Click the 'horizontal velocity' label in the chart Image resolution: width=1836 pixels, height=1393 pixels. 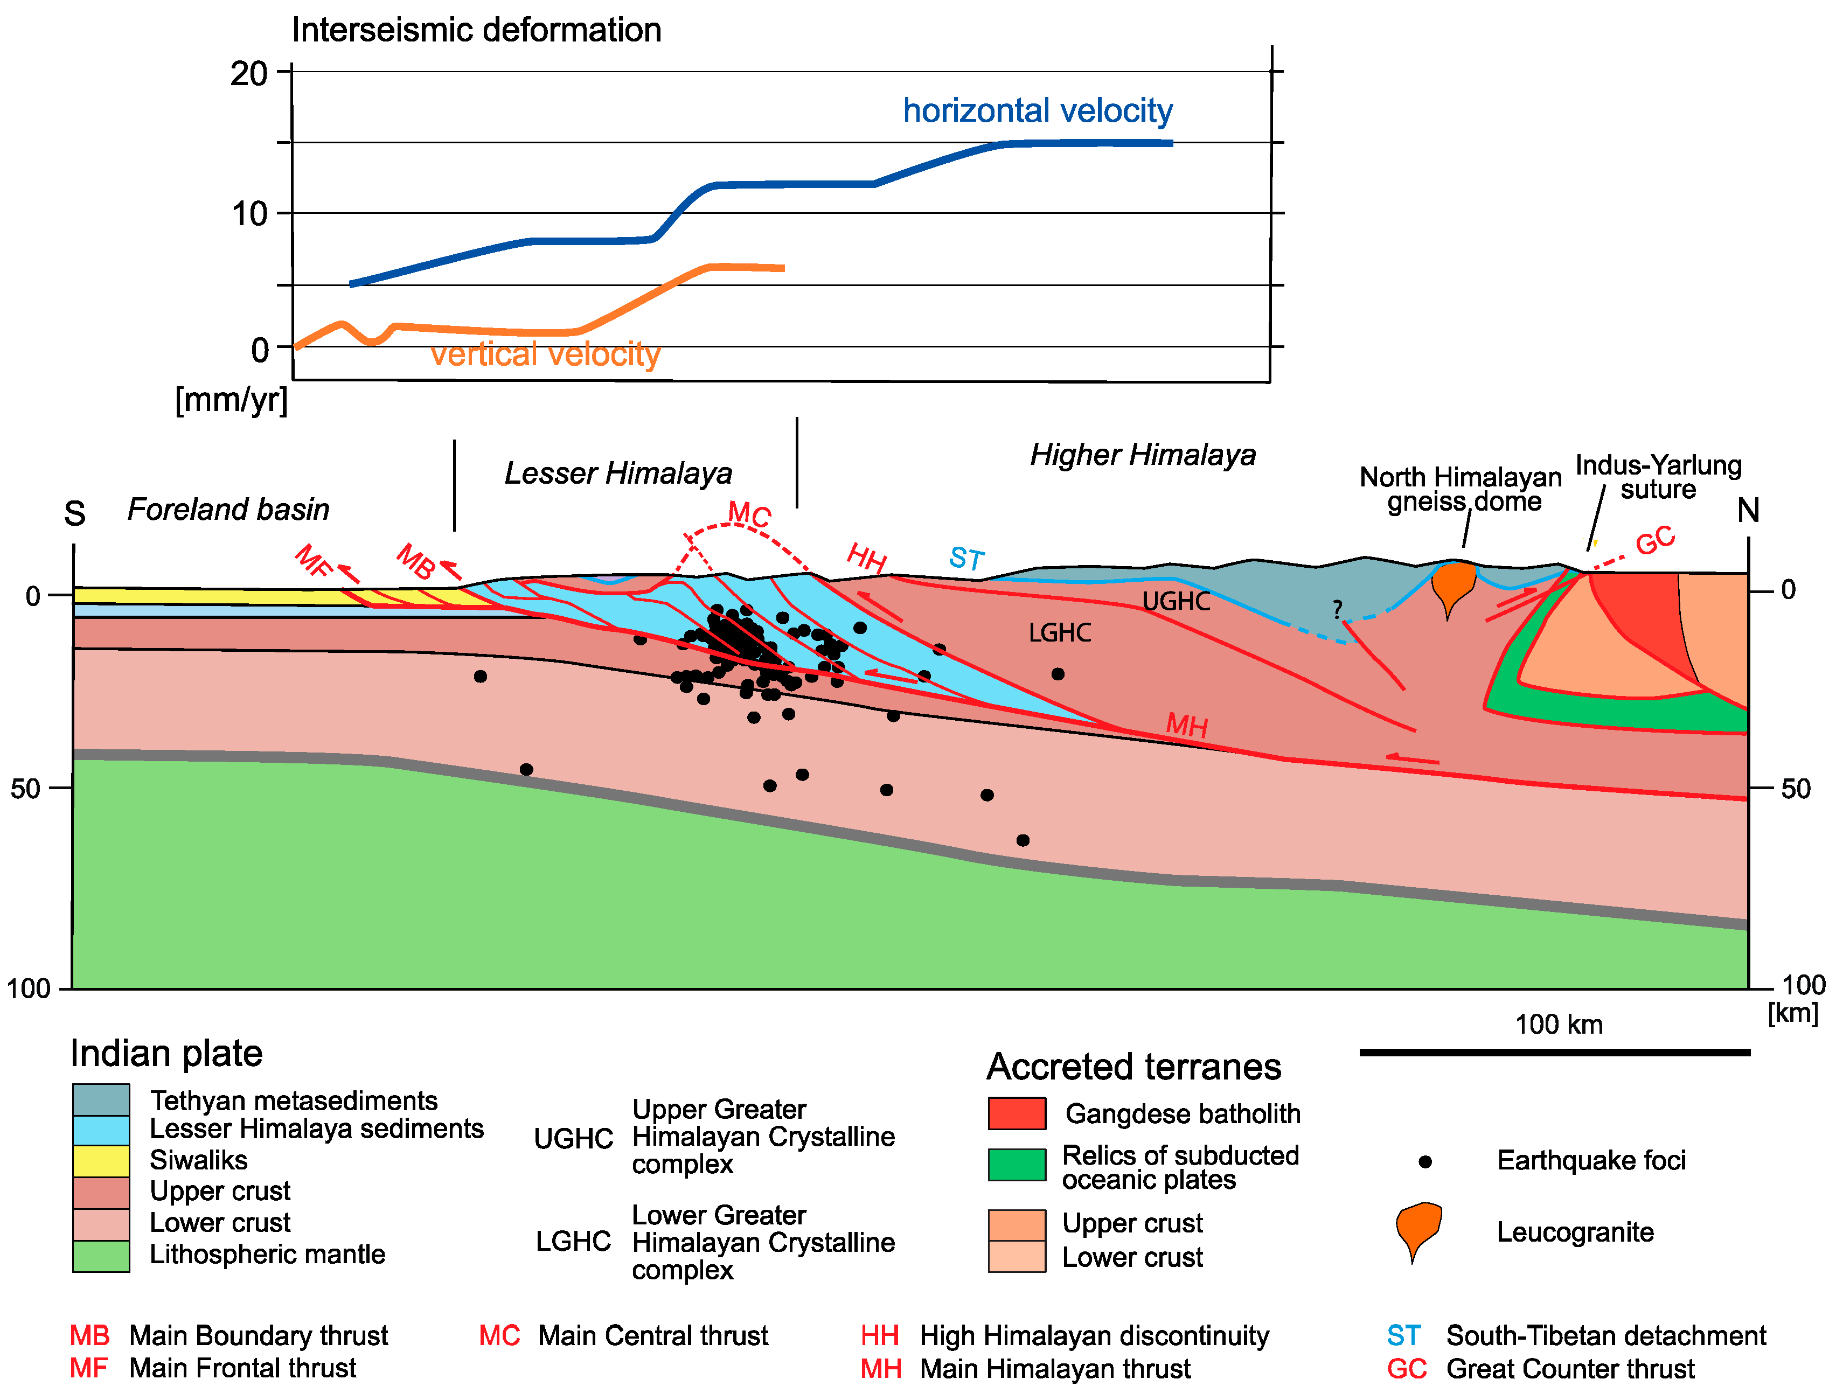point(1038,110)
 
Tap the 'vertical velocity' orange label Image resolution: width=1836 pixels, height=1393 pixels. point(545,354)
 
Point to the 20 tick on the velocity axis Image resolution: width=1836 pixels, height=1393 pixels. point(249,74)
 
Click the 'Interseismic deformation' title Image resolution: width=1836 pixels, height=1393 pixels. point(476,30)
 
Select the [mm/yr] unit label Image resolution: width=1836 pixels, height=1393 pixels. point(232,400)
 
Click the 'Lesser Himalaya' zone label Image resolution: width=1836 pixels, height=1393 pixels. point(618,473)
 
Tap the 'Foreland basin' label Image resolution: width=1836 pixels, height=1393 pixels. point(228,509)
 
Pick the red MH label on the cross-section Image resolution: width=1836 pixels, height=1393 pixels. point(1187,726)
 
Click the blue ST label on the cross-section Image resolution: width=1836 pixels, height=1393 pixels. point(967,558)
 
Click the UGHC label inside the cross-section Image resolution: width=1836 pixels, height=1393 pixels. point(1176,601)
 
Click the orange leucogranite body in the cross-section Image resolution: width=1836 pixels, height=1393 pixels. point(1453,583)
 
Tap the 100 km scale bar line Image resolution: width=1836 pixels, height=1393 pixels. point(1555,1053)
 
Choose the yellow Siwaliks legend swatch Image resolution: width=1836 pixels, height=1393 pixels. point(101,1160)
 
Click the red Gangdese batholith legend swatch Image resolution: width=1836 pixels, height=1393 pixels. point(1017,1113)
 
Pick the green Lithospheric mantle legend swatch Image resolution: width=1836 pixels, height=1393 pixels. point(101,1255)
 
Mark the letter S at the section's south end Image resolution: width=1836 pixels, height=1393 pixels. point(75,514)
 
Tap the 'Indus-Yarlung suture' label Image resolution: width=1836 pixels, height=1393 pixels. point(1658,477)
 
